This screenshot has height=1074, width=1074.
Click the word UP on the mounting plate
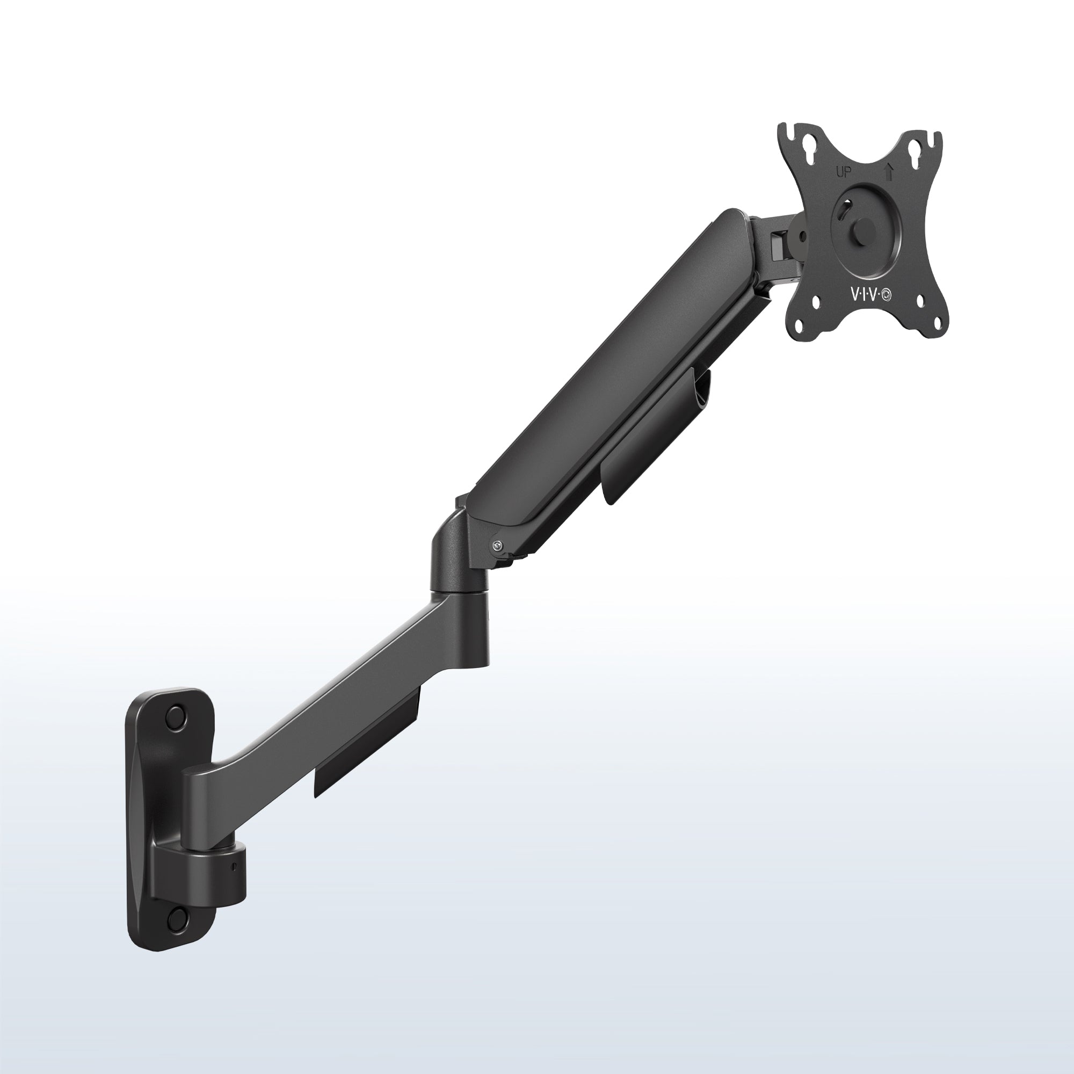point(844,172)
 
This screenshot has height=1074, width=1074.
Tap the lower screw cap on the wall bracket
point(178,920)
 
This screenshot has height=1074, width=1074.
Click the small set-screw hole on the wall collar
point(235,867)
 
